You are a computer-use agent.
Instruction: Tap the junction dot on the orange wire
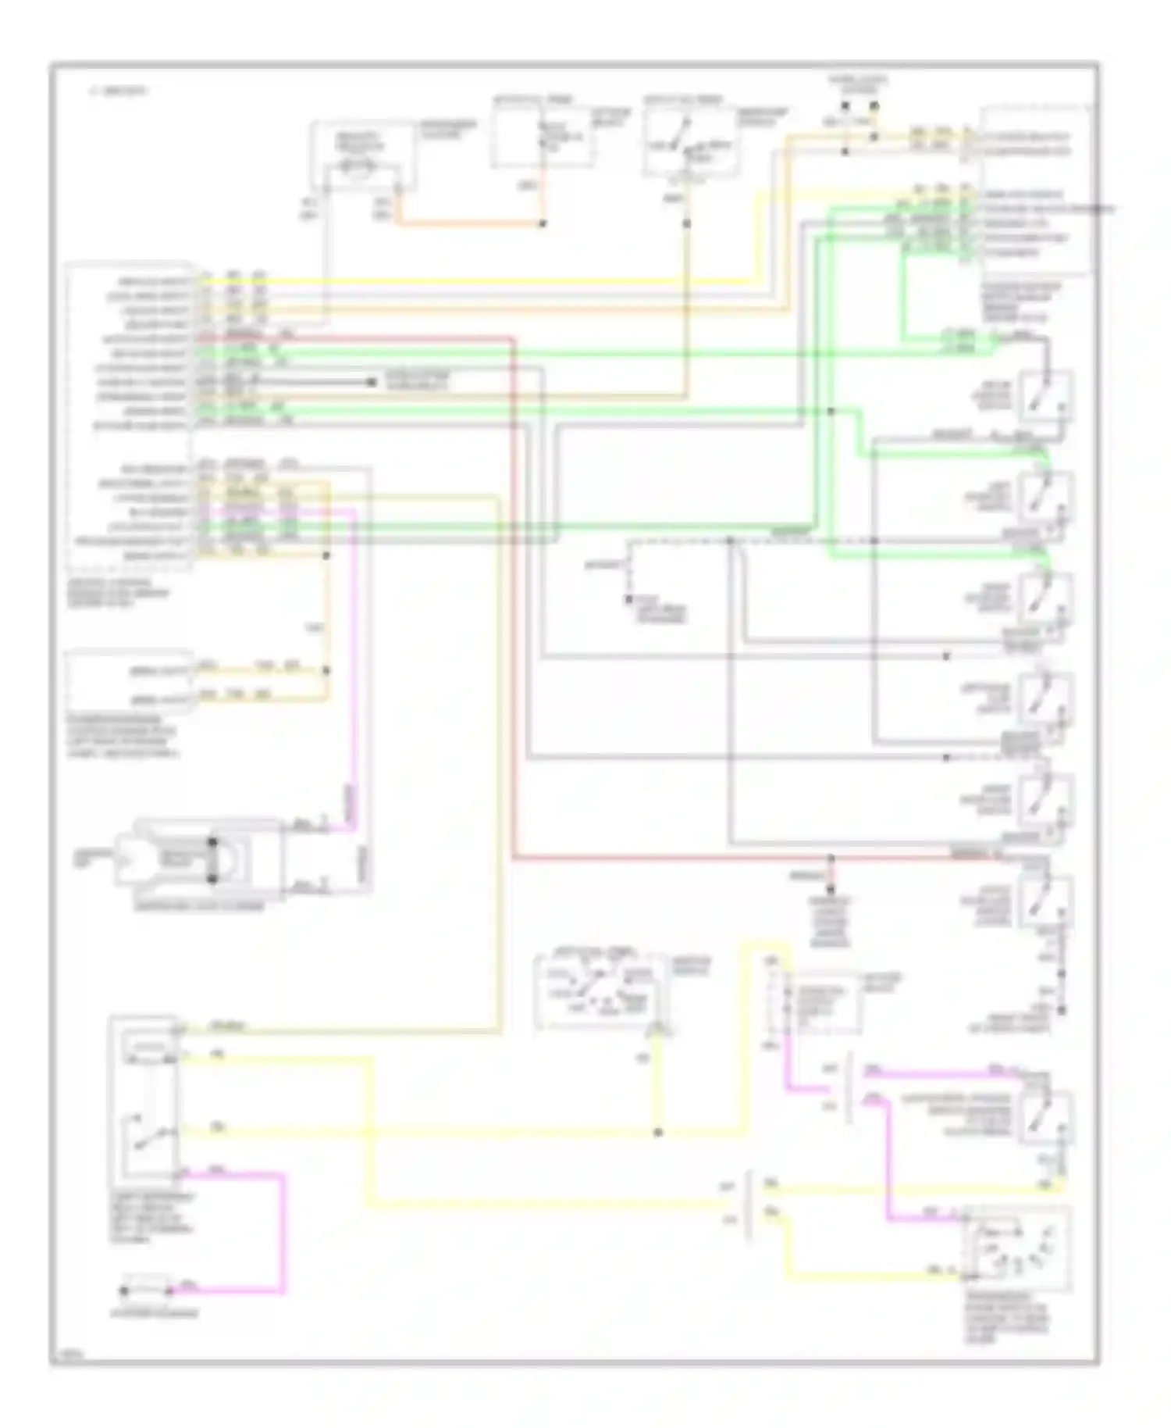tap(543, 224)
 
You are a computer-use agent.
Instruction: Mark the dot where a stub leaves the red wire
tap(831, 859)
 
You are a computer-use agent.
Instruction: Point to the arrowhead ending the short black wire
tap(372, 382)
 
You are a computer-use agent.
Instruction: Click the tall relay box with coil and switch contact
tap(147, 1101)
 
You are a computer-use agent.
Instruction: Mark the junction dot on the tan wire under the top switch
tap(687, 224)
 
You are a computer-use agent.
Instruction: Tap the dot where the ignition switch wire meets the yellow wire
tap(658, 1132)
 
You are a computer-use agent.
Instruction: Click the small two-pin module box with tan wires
tap(130, 680)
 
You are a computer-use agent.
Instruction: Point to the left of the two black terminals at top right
tap(845, 105)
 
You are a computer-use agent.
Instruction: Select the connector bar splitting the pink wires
tap(849, 1086)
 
